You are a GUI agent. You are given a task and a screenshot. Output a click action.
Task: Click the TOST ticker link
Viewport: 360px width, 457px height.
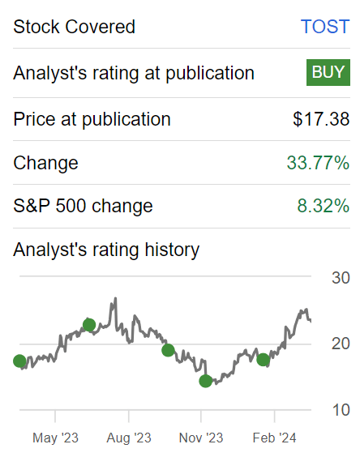pyautogui.click(x=324, y=26)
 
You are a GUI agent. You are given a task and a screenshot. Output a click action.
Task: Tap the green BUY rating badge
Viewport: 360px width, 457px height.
pyautogui.click(x=328, y=72)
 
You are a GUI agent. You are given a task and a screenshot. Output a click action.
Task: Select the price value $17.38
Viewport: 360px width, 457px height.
pyautogui.click(x=321, y=119)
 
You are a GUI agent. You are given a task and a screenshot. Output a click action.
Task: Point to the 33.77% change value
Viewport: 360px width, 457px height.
pyautogui.click(x=318, y=163)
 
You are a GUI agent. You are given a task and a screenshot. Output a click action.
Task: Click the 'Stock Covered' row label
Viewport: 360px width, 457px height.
pyautogui.click(x=74, y=26)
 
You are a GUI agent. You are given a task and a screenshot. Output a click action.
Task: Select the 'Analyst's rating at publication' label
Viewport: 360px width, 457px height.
pyautogui.click(x=134, y=73)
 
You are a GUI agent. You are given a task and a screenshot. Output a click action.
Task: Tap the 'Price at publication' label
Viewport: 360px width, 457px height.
pyautogui.click(x=92, y=119)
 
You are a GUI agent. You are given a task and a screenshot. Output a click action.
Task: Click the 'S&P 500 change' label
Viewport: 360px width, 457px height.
pyautogui.click(x=83, y=206)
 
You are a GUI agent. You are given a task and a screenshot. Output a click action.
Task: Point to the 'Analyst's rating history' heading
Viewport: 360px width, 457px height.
pyautogui.click(x=106, y=250)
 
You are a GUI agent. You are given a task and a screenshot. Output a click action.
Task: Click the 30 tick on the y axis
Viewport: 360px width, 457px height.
pyautogui.click(x=341, y=278)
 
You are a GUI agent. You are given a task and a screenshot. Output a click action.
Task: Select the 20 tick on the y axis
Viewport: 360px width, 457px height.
pyautogui.click(x=341, y=344)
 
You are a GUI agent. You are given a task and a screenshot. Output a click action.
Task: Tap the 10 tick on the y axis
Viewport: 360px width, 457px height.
pyautogui.click(x=341, y=410)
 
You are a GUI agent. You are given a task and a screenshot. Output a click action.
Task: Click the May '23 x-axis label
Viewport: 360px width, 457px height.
pyautogui.click(x=55, y=438)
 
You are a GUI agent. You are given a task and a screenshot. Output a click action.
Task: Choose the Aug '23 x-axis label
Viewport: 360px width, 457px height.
pyautogui.click(x=129, y=438)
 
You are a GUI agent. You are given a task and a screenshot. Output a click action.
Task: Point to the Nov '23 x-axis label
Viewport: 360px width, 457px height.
pyautogui.click(x=201, y=438)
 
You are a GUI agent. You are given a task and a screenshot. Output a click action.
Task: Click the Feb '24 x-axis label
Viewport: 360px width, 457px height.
pyautogui.click(x=274, y=438)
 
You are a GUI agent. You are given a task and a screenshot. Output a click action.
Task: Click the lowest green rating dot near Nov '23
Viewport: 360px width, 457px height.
pyautogui.click(x=205, y=381)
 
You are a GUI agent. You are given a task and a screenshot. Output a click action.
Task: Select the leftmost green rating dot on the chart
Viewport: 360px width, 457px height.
pyautogui.click(x=19, y=361)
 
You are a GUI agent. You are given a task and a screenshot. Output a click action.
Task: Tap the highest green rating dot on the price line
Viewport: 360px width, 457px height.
pyautogui.click(x=89, y=325)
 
